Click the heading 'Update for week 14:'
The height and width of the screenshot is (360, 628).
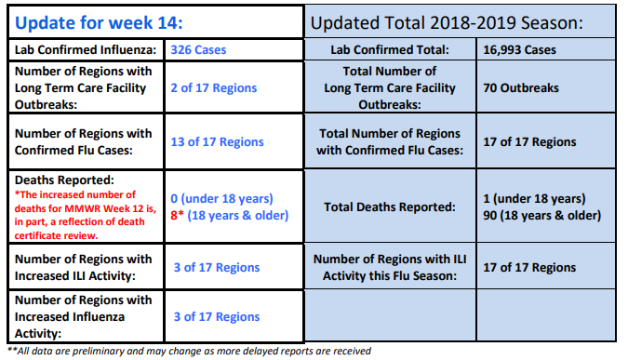tap(99, 23)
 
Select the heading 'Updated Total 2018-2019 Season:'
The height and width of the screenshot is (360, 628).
tap(447, 23)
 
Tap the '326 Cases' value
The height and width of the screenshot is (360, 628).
tap(198, 49)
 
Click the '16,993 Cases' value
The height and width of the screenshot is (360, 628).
tap(519, 49)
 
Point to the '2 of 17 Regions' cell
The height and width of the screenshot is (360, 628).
tap(214, 87)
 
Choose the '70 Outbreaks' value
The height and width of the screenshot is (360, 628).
tap(521, 87)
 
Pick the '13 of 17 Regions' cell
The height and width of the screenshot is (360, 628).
tap(217, 141)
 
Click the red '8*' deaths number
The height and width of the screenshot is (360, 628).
tap(177, 215)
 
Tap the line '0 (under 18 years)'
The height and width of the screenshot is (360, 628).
tap(221, 199)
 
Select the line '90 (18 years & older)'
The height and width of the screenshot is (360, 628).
tap(541, 216)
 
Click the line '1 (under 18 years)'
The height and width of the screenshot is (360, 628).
tap(534, 199)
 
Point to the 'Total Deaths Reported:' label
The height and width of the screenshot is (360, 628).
tap(390, 207)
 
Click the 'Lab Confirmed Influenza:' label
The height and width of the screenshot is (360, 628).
tap(86, 49)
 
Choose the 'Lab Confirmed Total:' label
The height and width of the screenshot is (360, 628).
tap(390, 49)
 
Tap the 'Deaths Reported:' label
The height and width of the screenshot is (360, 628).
tap(64, 180)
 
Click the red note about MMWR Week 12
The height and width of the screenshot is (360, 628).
tap(86, 215)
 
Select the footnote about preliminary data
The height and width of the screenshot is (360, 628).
tap(190, 352)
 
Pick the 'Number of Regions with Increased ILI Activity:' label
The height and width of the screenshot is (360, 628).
tap(84, 268)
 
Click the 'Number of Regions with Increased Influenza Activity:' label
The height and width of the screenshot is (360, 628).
tap(84, 317)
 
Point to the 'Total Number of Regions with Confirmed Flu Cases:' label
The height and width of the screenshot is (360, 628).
tap(390, 141)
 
